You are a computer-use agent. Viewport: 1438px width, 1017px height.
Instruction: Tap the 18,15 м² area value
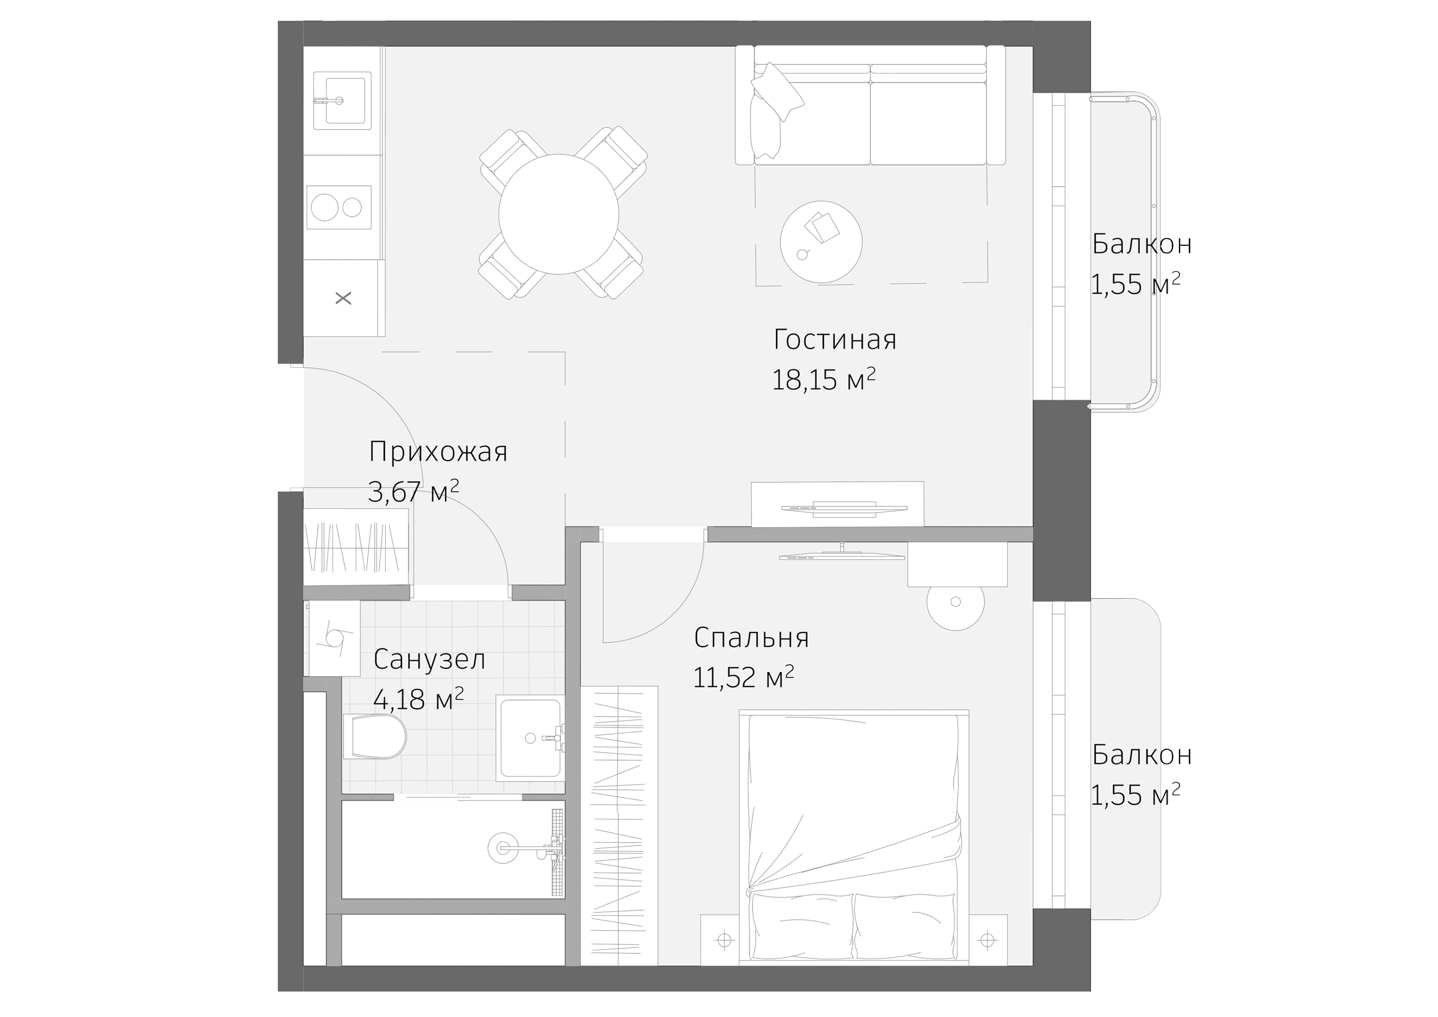(823, 380)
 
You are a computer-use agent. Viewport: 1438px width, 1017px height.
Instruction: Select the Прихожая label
(438, 451)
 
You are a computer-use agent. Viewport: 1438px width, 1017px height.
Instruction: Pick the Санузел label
(429, 660)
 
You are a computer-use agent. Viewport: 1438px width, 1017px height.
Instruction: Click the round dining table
(559, 214)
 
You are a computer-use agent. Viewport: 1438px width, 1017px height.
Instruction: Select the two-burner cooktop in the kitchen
(338, 207)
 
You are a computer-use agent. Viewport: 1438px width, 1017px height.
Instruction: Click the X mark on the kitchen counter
(343, 298)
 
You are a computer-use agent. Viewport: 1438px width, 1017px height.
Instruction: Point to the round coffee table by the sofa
(821, 242)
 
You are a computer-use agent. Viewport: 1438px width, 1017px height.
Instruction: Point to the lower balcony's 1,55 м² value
(1135, 795)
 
